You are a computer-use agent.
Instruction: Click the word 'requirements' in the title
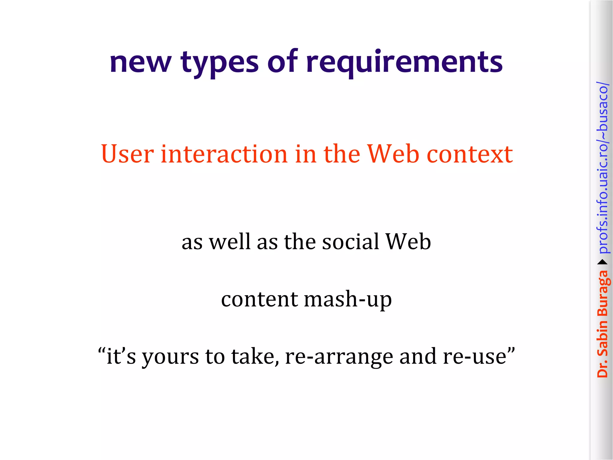(x=404, y=63)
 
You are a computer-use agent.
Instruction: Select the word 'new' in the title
(x=140, y=63)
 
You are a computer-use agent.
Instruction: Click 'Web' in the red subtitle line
(x=393, y=154)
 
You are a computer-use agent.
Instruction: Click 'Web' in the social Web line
(x=408, y=242)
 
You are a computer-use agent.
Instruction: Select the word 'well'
(x=229, y=242)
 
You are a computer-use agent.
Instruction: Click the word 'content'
(x=260, y=299)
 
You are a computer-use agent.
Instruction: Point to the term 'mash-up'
(x=348, y=299)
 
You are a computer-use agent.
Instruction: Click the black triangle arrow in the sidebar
(x=603, y=262)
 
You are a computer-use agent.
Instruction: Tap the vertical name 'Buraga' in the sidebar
(x=603, y=294)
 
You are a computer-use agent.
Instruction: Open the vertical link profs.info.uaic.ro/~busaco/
(x=603, y=168)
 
